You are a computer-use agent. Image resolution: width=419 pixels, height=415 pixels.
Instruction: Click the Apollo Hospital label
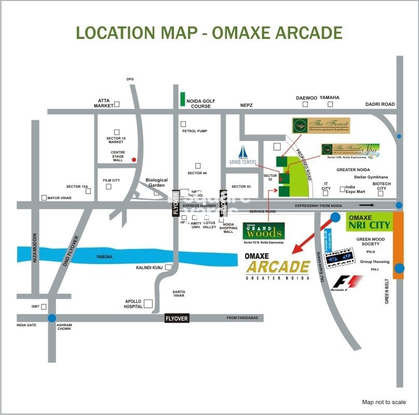point(133,304)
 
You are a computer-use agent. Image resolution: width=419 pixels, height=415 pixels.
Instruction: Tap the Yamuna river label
point(104,256)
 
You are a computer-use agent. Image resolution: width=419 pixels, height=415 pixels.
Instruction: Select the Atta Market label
point(103,103)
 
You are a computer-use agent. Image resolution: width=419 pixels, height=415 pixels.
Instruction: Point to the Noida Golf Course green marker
point(182,100)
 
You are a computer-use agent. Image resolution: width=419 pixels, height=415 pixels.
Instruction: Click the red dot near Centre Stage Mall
point(134,160)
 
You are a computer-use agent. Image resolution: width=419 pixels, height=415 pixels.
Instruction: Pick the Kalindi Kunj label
point(150,267)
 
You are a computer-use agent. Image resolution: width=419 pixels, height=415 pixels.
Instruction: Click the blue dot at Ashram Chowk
point(51,318)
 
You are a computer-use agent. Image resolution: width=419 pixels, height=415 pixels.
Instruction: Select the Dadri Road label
point(380,104)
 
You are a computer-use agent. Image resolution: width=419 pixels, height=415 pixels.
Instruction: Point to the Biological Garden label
point(157,182)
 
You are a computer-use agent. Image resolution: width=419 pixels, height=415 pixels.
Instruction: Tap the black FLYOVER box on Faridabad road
point(177,318)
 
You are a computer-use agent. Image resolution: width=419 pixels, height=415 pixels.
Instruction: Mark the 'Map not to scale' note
point(384,402)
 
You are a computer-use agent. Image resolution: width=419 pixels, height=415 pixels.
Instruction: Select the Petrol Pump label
point(195,131)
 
